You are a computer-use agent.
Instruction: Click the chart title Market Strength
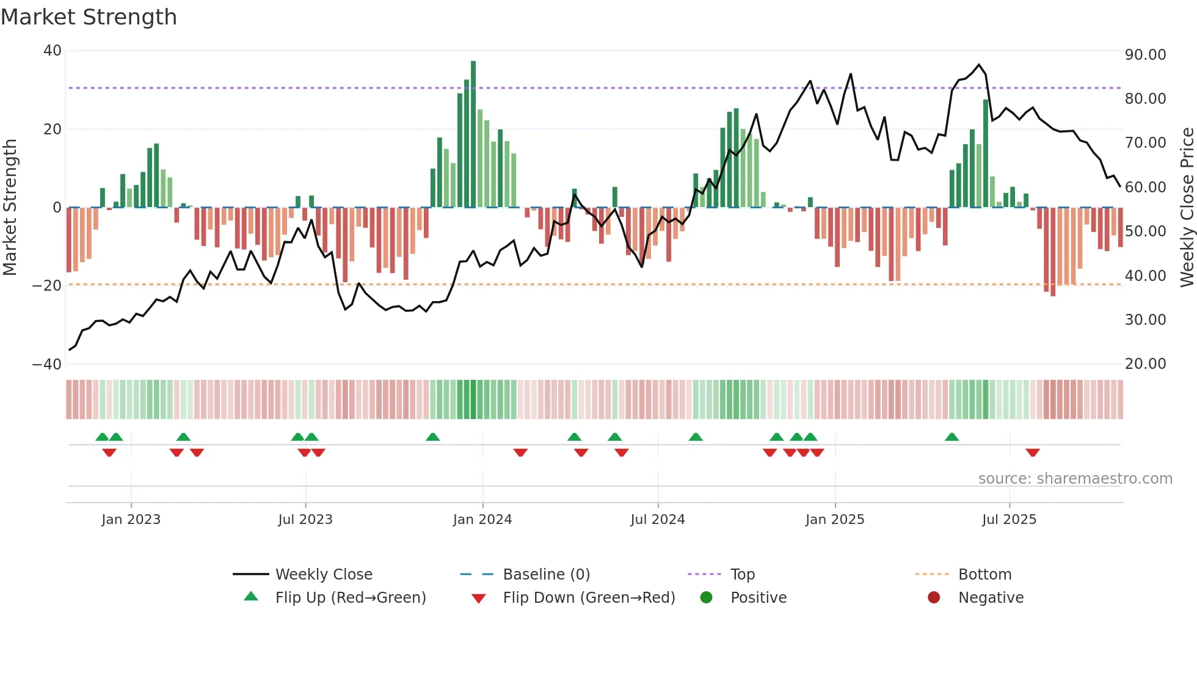(89, 17)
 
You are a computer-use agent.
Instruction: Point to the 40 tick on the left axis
(53, 51)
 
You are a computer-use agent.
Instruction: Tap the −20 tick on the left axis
(48, 285)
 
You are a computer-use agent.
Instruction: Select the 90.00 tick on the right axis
(1145, 55)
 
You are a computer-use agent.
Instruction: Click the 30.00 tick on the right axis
(1145, 320)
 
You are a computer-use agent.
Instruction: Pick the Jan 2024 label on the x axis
(482, 520)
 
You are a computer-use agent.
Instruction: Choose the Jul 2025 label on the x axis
(1009, 520)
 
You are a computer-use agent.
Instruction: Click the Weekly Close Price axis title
(1187, 208)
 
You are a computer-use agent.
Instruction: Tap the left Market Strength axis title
(10, 208)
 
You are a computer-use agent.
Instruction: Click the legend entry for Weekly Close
(323, 575)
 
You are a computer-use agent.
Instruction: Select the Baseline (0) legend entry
(546, 575)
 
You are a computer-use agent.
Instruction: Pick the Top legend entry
(742, 575)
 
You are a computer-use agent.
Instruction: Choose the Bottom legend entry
(984, 575)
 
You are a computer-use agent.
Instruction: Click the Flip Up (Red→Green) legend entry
(350, 598)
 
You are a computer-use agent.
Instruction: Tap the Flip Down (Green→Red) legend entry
(589, 598)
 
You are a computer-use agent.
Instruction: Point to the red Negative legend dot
(934, 598)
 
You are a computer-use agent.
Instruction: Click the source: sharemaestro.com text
(1075, 479)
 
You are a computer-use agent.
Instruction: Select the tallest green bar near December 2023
(473, 134)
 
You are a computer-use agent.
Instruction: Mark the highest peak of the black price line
(979, 65)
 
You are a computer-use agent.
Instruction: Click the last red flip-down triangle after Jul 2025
(1033, 453)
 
